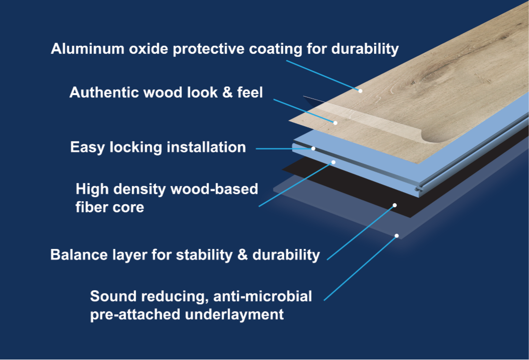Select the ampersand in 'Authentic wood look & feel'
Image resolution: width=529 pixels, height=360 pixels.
click(228, 93)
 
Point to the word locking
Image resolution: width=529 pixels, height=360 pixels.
click(136, 148)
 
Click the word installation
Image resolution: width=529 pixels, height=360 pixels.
click(206, 147)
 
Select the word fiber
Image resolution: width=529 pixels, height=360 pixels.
click(89, 207)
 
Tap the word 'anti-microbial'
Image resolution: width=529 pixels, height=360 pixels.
click(262, 296)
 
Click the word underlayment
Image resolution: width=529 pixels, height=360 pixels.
click(234, 314)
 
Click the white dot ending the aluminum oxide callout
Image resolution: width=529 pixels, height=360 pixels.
click(360, 91)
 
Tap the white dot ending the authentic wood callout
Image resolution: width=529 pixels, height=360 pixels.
click(335, 123)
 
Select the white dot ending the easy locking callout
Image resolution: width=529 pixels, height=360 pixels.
click(313, 149)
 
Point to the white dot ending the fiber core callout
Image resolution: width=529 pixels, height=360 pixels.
click(333, 162)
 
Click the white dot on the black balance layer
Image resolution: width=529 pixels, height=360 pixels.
click(395, 205)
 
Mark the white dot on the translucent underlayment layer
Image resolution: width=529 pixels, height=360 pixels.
click(397, 236)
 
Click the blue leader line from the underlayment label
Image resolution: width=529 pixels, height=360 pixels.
click(360, 268)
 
